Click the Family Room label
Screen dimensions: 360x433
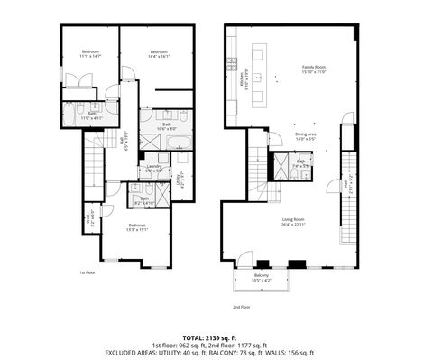point(313,69)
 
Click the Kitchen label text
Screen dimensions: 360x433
point(241,80)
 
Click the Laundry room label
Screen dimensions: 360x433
point(152,168)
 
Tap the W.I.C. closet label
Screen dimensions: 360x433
point(88,217)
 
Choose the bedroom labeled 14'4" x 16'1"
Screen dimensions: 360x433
point(160,53)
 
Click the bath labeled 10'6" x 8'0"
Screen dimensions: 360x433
point(167,126)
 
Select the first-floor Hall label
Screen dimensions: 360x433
point(123,140)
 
